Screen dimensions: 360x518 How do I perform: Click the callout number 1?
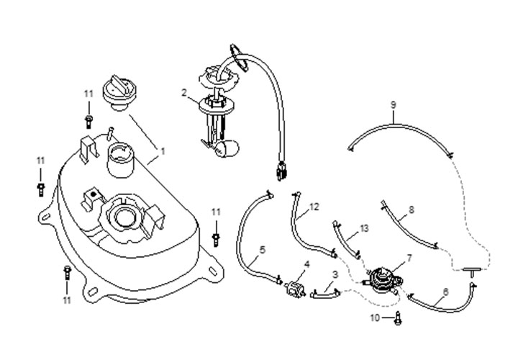click(163, 152)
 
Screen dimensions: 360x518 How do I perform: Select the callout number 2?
click(185, 93)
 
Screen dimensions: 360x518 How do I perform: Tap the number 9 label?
click(394, 105)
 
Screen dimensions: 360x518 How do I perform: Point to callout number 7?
click(409, 258)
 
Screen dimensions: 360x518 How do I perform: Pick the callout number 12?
click(314, 207)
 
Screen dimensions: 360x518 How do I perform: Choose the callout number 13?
click(364, 228)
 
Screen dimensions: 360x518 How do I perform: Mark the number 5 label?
click(262, 249)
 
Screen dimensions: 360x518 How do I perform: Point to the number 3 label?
click(335, 275)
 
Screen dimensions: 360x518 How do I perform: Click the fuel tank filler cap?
click(119, 91)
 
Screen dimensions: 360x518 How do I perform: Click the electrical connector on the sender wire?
click(280, 173)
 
